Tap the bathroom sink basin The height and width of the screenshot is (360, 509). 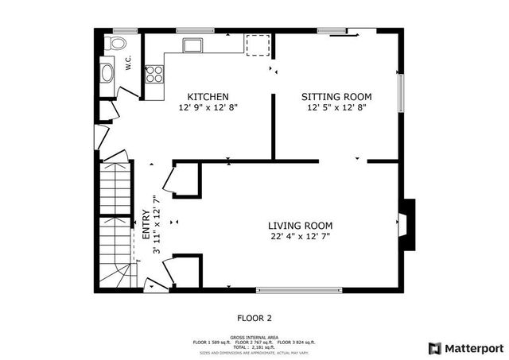(107, 73)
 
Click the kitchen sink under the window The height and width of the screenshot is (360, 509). (190, 44)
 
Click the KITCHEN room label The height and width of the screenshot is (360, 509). (208, 97)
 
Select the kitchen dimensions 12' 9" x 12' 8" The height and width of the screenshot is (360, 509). (208, 108)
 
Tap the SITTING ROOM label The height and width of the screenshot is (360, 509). (336, 97)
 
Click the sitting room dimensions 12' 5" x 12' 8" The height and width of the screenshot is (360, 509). (336, 108)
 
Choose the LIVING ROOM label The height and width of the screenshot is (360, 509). (300, 225)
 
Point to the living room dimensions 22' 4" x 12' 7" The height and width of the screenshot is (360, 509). (300, 236)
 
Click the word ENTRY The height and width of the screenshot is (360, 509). (146, 224)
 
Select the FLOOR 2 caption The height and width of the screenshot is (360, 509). (255, 317)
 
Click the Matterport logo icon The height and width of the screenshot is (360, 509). (433, 347)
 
